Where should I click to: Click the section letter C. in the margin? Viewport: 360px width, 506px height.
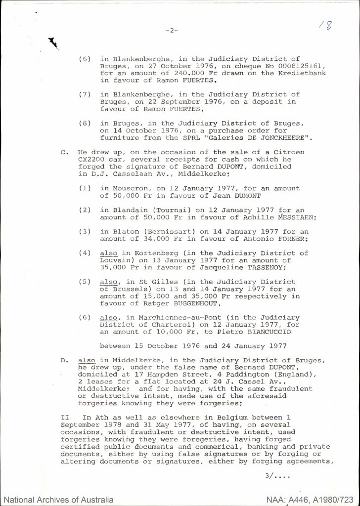coord(64,154)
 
